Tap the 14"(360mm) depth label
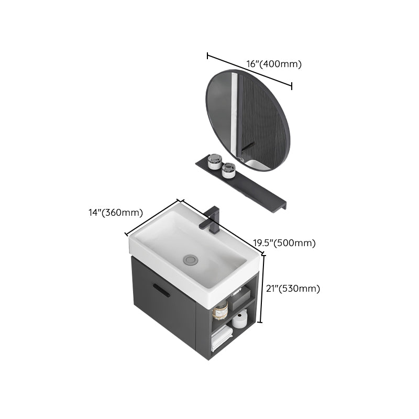point(116,213)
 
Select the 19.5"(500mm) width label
point(284,243)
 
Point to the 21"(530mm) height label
point(293,289)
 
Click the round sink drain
point(191,258)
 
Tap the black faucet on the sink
point(211,220)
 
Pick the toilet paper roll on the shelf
point(240,319)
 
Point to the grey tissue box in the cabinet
point(239,299)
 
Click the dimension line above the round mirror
point(249,70)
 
